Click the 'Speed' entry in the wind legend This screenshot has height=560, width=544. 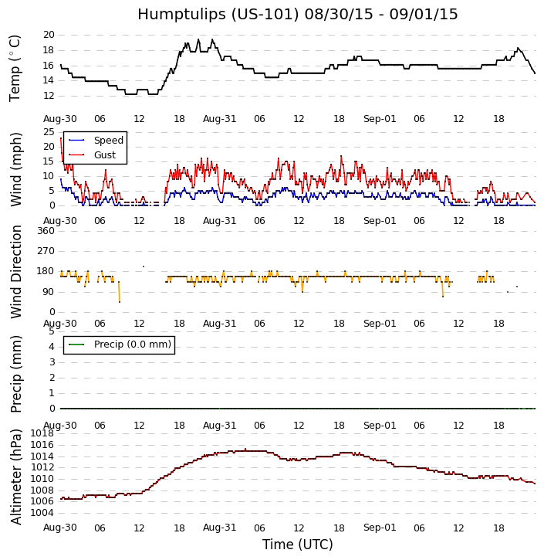pos(108,141)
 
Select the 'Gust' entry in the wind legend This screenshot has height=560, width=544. pos(105,155)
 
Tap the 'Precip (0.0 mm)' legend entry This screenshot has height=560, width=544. pos(132,344)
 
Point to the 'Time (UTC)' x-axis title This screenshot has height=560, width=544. pos(297,545)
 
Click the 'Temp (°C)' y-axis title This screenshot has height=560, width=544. pos(15,67)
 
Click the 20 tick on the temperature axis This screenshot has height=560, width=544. pos(49,35)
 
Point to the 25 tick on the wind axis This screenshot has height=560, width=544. pos(49,132)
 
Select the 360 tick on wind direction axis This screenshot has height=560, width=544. pos(46,231)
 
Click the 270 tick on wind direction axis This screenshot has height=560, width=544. pos(46,251)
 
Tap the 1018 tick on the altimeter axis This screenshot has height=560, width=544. pos(42,433)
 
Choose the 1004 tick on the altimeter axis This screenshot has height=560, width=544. pos(42,513)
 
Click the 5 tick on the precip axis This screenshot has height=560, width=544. pos(51,331)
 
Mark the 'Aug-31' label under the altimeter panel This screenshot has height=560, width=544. pos(219,528)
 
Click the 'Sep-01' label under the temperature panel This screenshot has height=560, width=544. pos(379,118)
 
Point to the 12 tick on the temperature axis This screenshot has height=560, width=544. pos(49,96)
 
